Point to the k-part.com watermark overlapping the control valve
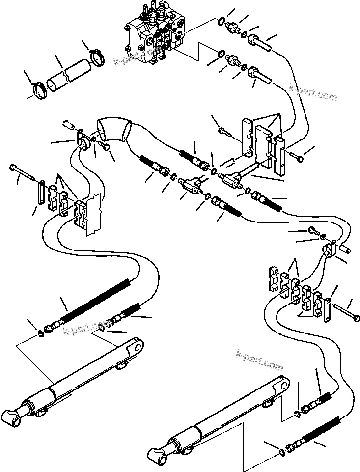(138, 56)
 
